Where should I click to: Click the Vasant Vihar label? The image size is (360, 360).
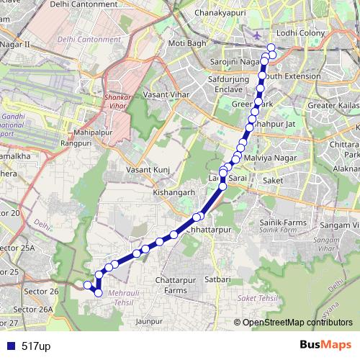pyautogui.click(x=165, y=94)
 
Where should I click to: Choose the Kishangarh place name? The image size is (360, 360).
pyautogui.click(x=174, y=194)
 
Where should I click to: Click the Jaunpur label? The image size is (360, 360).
pyautogui.click(x=148, y=320)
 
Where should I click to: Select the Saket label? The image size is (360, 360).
pyautogui.click(x=274, y=181)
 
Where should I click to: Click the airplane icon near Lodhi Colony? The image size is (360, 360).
pyautogui.click(x=258, y=35)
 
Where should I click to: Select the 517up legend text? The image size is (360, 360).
pyautogui.click(x=36, y=346)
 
